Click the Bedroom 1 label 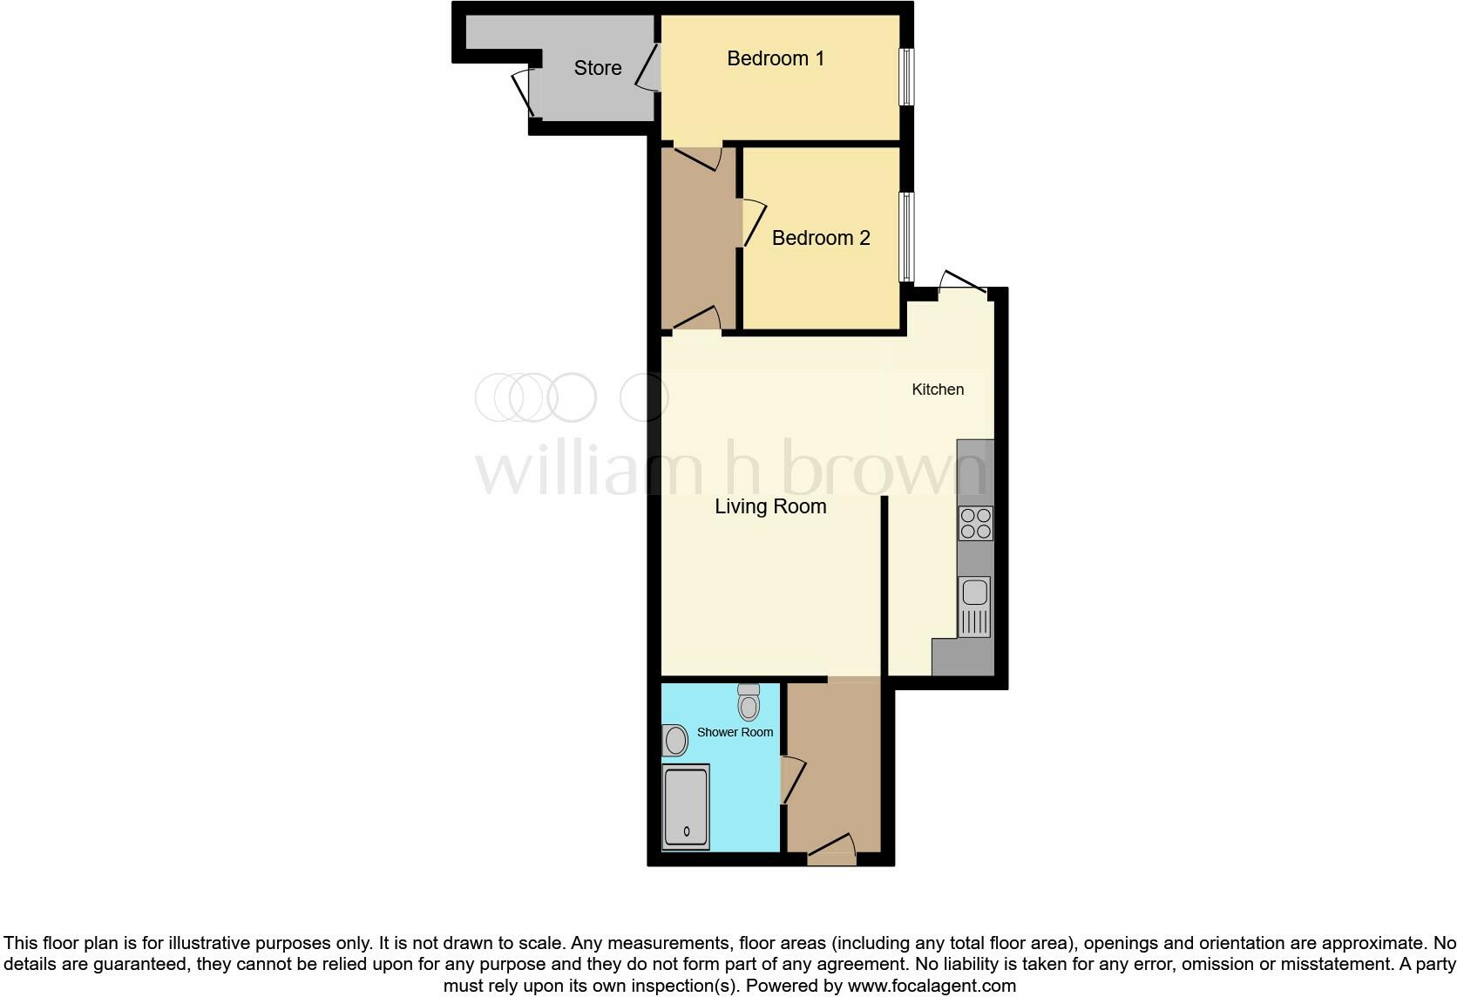pyautogui.click(x=775, y=58)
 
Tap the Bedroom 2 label pyautogui.click(x=820, y=238)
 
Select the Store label pyautogui.click(x=598, y=68)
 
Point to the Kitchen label pyautogui.click(x=938, y=390)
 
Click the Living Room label pyautogui.click(x=770, y=506)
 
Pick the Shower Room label pyautogui.click(x=735, y=732)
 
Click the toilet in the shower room pyautogui.click(x=749, y=702)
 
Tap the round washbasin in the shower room pyautogui.click(x=674, y=743)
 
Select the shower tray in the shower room pyautogui.click(x=686, y=807)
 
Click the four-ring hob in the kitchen pyautogui.click(x=975, y=523)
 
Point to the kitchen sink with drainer pyautogui.click(x=974, y=606)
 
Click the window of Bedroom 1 pyautogui.click(x=907, y=76)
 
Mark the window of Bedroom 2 pyautogui.click(x=907, y=237)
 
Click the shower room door pyautogui.click(x=791, y=780)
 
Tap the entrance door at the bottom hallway pyautogui.click(x=832, y=849)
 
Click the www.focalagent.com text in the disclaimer pyautogui.click(x=932, y=986)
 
